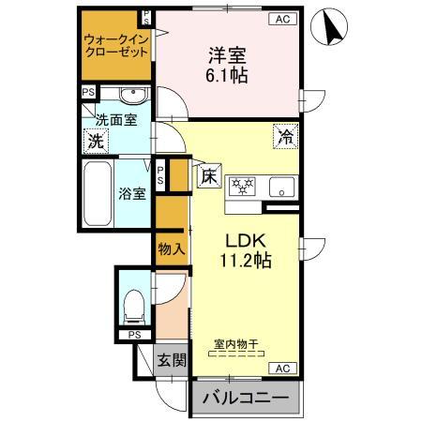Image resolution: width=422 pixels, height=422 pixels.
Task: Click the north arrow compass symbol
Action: pos(333,25)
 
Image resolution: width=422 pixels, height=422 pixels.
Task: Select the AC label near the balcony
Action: pos(281,368)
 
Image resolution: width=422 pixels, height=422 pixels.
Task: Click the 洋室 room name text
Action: pos(228,54)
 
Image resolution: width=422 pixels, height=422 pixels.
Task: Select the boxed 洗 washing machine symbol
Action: pos(95,142)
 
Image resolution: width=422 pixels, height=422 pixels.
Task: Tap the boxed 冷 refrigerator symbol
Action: pos(285,135)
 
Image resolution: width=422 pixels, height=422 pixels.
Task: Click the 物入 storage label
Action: pos(170,249)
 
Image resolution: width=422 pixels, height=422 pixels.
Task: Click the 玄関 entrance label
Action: pos(170,359)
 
